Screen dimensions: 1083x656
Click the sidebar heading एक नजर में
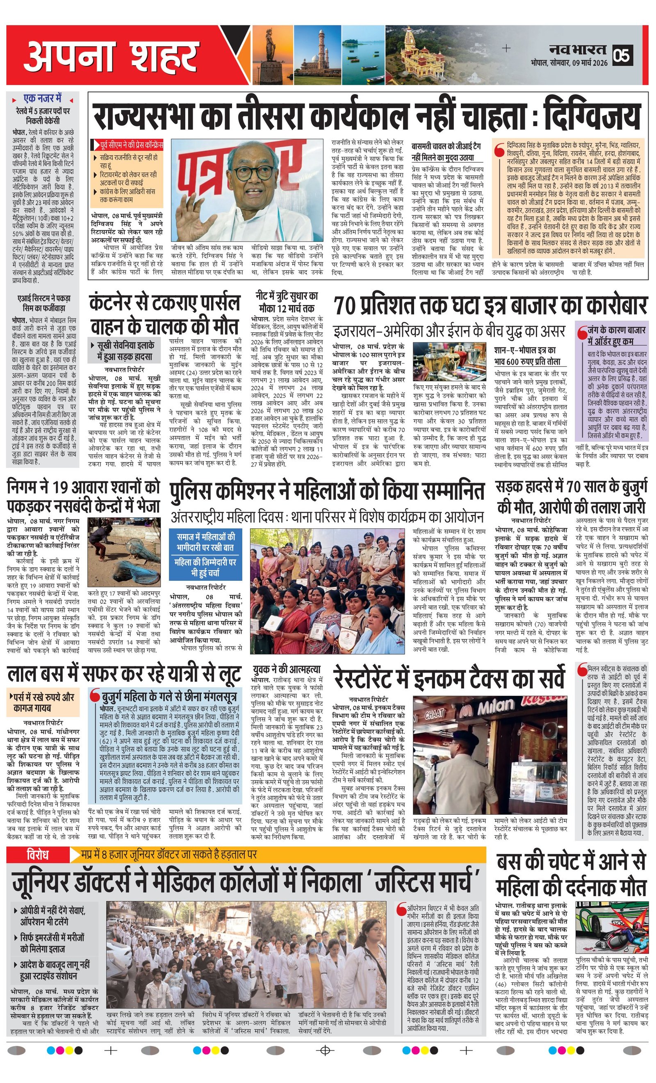43,98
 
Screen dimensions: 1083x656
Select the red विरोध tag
37,854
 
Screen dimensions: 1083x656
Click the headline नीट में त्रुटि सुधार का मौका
287,301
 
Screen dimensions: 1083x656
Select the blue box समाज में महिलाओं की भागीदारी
206,554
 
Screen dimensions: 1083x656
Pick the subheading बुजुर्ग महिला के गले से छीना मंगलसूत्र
169,697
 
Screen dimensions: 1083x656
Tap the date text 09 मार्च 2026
590,63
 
